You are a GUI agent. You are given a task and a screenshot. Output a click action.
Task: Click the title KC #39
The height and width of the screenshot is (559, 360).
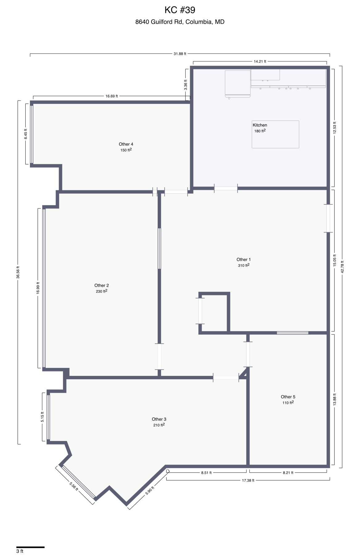click(180, 10)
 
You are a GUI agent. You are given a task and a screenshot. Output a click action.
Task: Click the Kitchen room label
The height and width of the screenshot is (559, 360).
click(260, 125)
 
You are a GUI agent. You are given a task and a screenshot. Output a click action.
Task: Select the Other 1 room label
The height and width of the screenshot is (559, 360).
click(243, 260)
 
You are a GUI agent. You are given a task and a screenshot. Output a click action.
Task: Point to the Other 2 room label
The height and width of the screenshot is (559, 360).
click(101, 286)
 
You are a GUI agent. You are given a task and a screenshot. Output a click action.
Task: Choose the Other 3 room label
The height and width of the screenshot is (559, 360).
click(159, 419)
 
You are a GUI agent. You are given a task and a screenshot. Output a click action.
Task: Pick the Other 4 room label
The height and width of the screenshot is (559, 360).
click(126, 144)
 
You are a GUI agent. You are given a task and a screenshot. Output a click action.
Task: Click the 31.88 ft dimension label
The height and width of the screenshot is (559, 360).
click(180, 54)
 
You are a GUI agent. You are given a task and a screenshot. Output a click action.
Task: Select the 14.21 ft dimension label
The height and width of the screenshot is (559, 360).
click(260, 62)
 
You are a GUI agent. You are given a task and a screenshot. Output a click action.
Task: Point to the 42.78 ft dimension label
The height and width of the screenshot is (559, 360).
click(342, 267)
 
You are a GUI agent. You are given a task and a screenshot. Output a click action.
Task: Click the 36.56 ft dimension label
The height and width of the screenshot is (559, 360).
click(18, 272)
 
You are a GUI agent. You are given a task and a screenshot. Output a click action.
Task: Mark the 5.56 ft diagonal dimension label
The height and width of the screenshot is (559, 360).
click(74, 486)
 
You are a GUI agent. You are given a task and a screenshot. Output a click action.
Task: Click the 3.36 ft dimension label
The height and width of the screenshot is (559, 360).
click(185, 85)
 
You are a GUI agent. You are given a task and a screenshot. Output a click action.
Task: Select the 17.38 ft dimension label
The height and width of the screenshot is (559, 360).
click(248, 480)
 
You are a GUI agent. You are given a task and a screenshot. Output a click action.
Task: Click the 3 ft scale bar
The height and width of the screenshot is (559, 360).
click(30, 547)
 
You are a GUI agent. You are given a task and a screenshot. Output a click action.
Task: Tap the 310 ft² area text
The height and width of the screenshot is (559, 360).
click(243, 265)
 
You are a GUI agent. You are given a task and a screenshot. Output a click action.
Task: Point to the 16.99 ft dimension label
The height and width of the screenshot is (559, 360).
click(38, 288)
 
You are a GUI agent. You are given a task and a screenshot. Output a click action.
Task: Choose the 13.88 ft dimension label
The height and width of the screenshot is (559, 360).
click(334, 399)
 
